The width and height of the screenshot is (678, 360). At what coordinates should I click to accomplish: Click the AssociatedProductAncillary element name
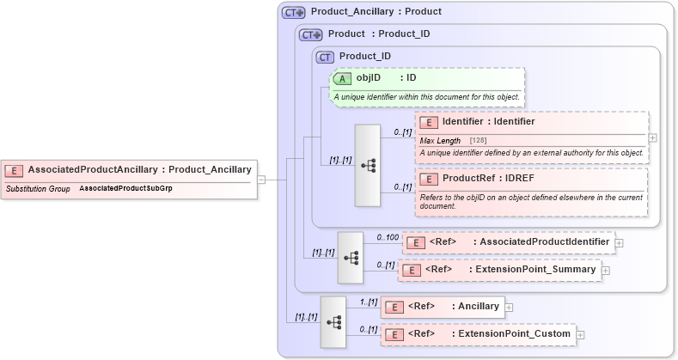(93, 169)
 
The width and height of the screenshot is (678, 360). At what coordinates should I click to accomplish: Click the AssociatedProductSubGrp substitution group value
(125, 187)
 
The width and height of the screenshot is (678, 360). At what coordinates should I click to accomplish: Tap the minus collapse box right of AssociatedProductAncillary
(261, 180)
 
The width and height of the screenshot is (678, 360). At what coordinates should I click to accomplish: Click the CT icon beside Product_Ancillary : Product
(294, 13)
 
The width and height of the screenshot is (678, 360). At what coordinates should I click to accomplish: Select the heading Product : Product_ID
(379, 35)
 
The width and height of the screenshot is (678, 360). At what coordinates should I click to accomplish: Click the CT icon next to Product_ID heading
(325, 57)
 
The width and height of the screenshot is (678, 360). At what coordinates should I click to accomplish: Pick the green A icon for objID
(342, 77)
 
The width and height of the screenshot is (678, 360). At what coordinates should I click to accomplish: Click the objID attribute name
(369, 77)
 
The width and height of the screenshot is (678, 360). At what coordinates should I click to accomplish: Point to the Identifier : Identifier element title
(488, 122)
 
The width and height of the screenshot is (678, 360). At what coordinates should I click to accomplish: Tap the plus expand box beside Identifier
(653, 137)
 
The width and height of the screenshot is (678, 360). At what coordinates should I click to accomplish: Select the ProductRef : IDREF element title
(482, 179)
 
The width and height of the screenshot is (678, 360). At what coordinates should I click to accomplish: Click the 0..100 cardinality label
(388, 236)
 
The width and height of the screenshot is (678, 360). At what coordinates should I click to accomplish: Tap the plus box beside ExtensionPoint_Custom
(580, 333)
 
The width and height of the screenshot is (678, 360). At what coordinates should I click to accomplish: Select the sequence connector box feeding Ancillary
(333, 321)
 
